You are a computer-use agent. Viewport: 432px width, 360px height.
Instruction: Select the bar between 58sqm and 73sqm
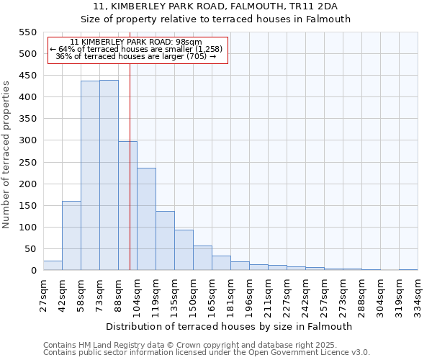[90, 176]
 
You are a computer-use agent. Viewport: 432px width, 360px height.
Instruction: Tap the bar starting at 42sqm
[71, 235]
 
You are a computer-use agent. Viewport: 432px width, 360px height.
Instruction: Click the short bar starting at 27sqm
[53, 266]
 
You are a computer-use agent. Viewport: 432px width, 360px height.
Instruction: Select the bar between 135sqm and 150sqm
[184, 250]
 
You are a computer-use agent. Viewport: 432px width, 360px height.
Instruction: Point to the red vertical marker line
[130, 180]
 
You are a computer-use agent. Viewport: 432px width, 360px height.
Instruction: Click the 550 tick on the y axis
[27, 32]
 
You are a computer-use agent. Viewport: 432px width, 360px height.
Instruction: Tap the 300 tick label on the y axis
[27, 141]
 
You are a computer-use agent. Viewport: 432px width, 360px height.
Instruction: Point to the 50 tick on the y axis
[30, 249]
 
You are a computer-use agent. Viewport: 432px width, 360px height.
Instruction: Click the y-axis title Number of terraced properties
[7, 155]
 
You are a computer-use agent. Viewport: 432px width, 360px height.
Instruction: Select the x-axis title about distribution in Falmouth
[228, 326]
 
